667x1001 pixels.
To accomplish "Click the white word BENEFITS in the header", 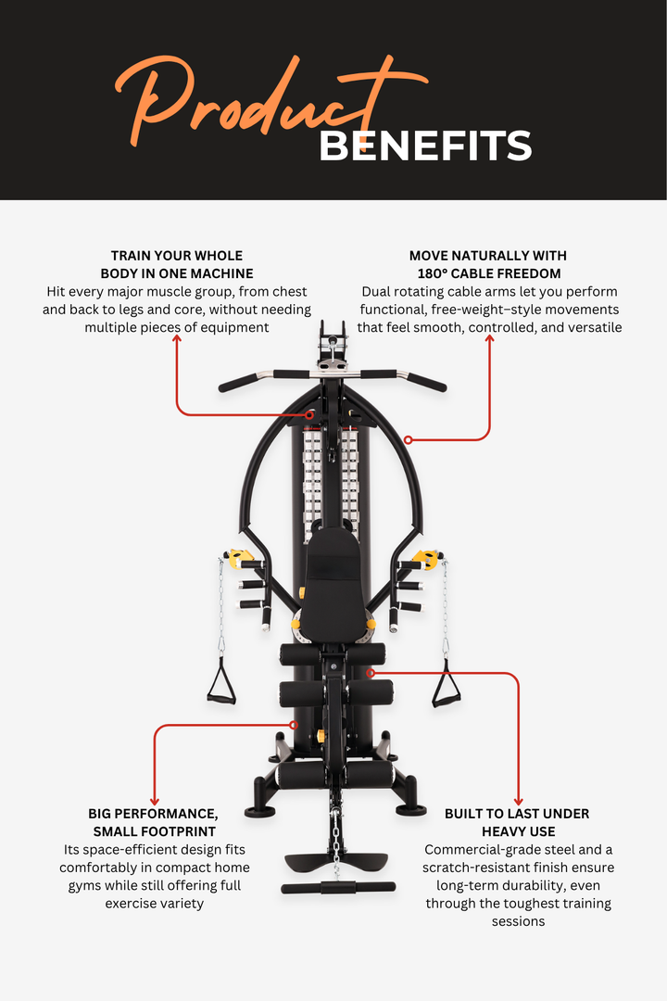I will [x=425, y=146].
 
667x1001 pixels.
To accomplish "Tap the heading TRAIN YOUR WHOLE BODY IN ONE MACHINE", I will [x=177, y=264].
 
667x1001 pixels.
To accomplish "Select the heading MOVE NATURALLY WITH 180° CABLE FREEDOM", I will [x=488, y=264].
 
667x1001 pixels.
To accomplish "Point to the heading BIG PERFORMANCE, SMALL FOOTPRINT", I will [x=155, y=822].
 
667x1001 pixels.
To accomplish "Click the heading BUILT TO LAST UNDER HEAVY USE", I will [x=517, y=822].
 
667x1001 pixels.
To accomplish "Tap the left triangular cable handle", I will [x=220, y=686].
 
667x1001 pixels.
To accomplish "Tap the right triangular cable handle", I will [x=446, y=686].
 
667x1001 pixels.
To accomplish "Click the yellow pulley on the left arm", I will [x=241, y=559].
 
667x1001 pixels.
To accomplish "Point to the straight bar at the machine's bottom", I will [x=333, y=888].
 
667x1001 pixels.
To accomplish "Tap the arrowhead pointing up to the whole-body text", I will [x=177, y=339].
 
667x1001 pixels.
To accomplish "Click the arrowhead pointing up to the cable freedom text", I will [x=489, y=339].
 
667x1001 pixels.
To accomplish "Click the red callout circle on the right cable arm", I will [x=408, y=439].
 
